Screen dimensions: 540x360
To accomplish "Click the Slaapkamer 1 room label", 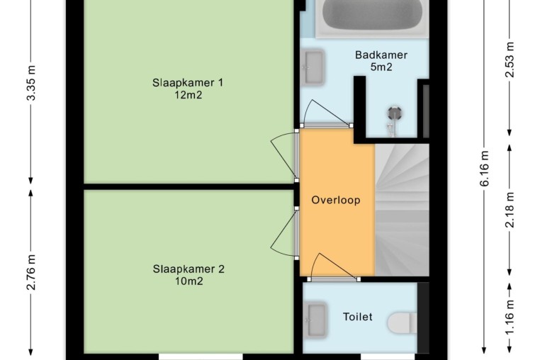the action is [188, 83].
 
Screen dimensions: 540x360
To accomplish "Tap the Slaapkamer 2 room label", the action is [189, 269].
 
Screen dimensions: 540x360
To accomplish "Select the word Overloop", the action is [336, 200].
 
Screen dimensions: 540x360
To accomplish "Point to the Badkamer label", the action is [381, 55].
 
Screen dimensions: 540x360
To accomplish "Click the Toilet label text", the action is [357, 317].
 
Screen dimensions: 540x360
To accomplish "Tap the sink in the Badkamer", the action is [313, 67].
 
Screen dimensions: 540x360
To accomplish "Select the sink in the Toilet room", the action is [315, 320].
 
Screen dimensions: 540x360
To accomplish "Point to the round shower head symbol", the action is [394, 113].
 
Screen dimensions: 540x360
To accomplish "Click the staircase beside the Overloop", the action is [402, 210].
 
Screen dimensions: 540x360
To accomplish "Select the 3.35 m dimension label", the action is [31, 83].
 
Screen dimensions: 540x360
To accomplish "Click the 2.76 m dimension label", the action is [31, 272].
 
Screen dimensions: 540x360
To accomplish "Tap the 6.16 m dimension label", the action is [484, 169].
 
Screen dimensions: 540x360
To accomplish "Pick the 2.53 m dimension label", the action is [510, 60].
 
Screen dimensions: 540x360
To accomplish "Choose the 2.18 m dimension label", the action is [510, 210].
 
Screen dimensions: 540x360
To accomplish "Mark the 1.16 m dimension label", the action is [510, 317].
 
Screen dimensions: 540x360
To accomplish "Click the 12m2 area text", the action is [188, 95].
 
